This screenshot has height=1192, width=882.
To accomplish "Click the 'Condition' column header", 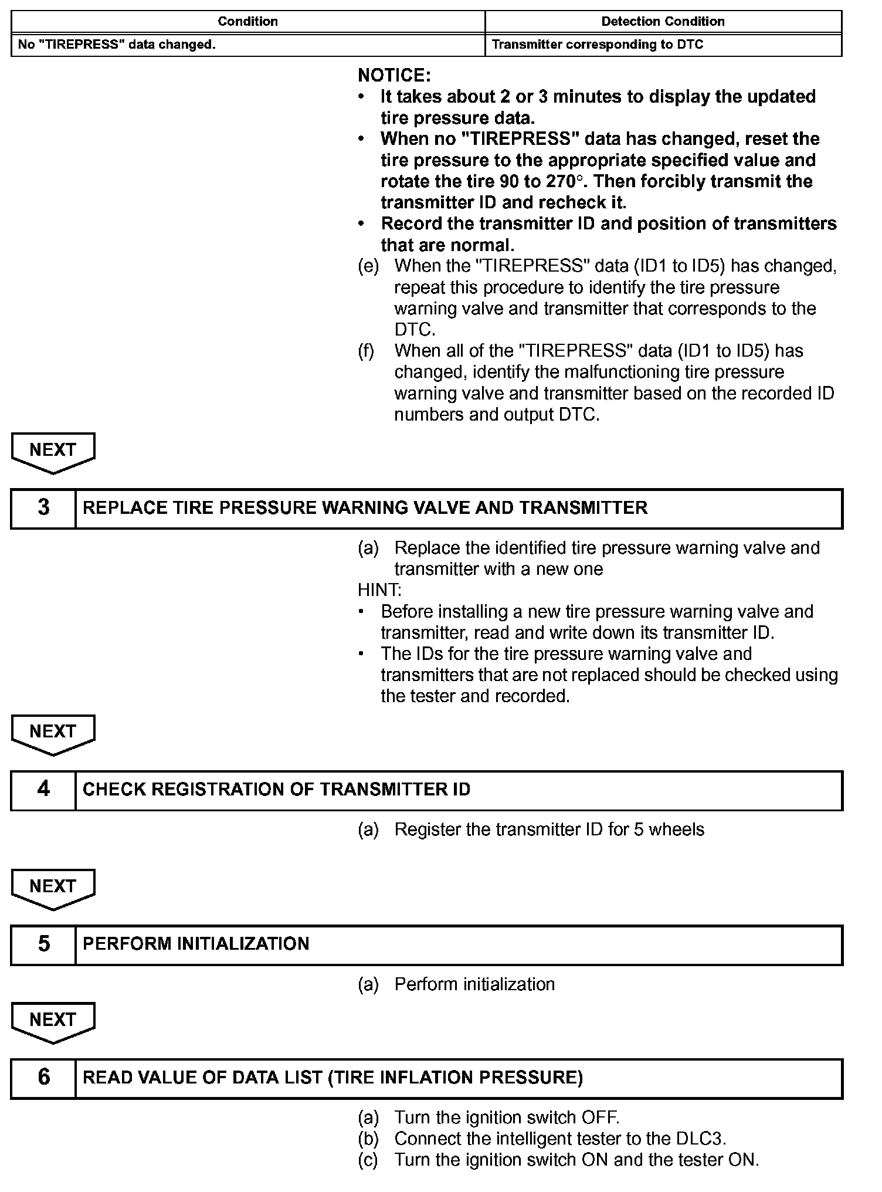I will click(247, 22).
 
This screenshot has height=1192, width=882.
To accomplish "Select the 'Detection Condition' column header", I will click(663, 22).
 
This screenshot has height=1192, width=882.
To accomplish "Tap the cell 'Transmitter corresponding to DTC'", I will click(597, 45).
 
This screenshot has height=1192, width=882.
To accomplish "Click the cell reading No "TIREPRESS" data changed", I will click(117, 45).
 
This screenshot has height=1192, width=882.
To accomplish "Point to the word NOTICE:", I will click(394, 76).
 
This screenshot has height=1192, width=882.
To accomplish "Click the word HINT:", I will click(379, 590).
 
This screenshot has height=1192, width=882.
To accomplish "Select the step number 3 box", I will click(43, 508).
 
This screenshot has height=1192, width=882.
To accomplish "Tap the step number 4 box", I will click(43, 790).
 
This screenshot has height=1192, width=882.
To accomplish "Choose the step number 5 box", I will click(43, 944).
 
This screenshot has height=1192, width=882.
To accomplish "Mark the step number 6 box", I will click(43, 1078).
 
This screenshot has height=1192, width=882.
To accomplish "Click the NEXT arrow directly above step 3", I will click(53, 452).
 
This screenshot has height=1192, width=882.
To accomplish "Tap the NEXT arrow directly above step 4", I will click(53, 733).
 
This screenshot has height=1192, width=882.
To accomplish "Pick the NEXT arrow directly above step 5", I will click(53, 888).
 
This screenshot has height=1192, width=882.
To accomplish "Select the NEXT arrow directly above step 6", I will click(53, 1021).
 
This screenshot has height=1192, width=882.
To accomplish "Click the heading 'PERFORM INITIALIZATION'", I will click(196, 944).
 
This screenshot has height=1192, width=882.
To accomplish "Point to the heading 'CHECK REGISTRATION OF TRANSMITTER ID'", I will click(276, 790).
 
